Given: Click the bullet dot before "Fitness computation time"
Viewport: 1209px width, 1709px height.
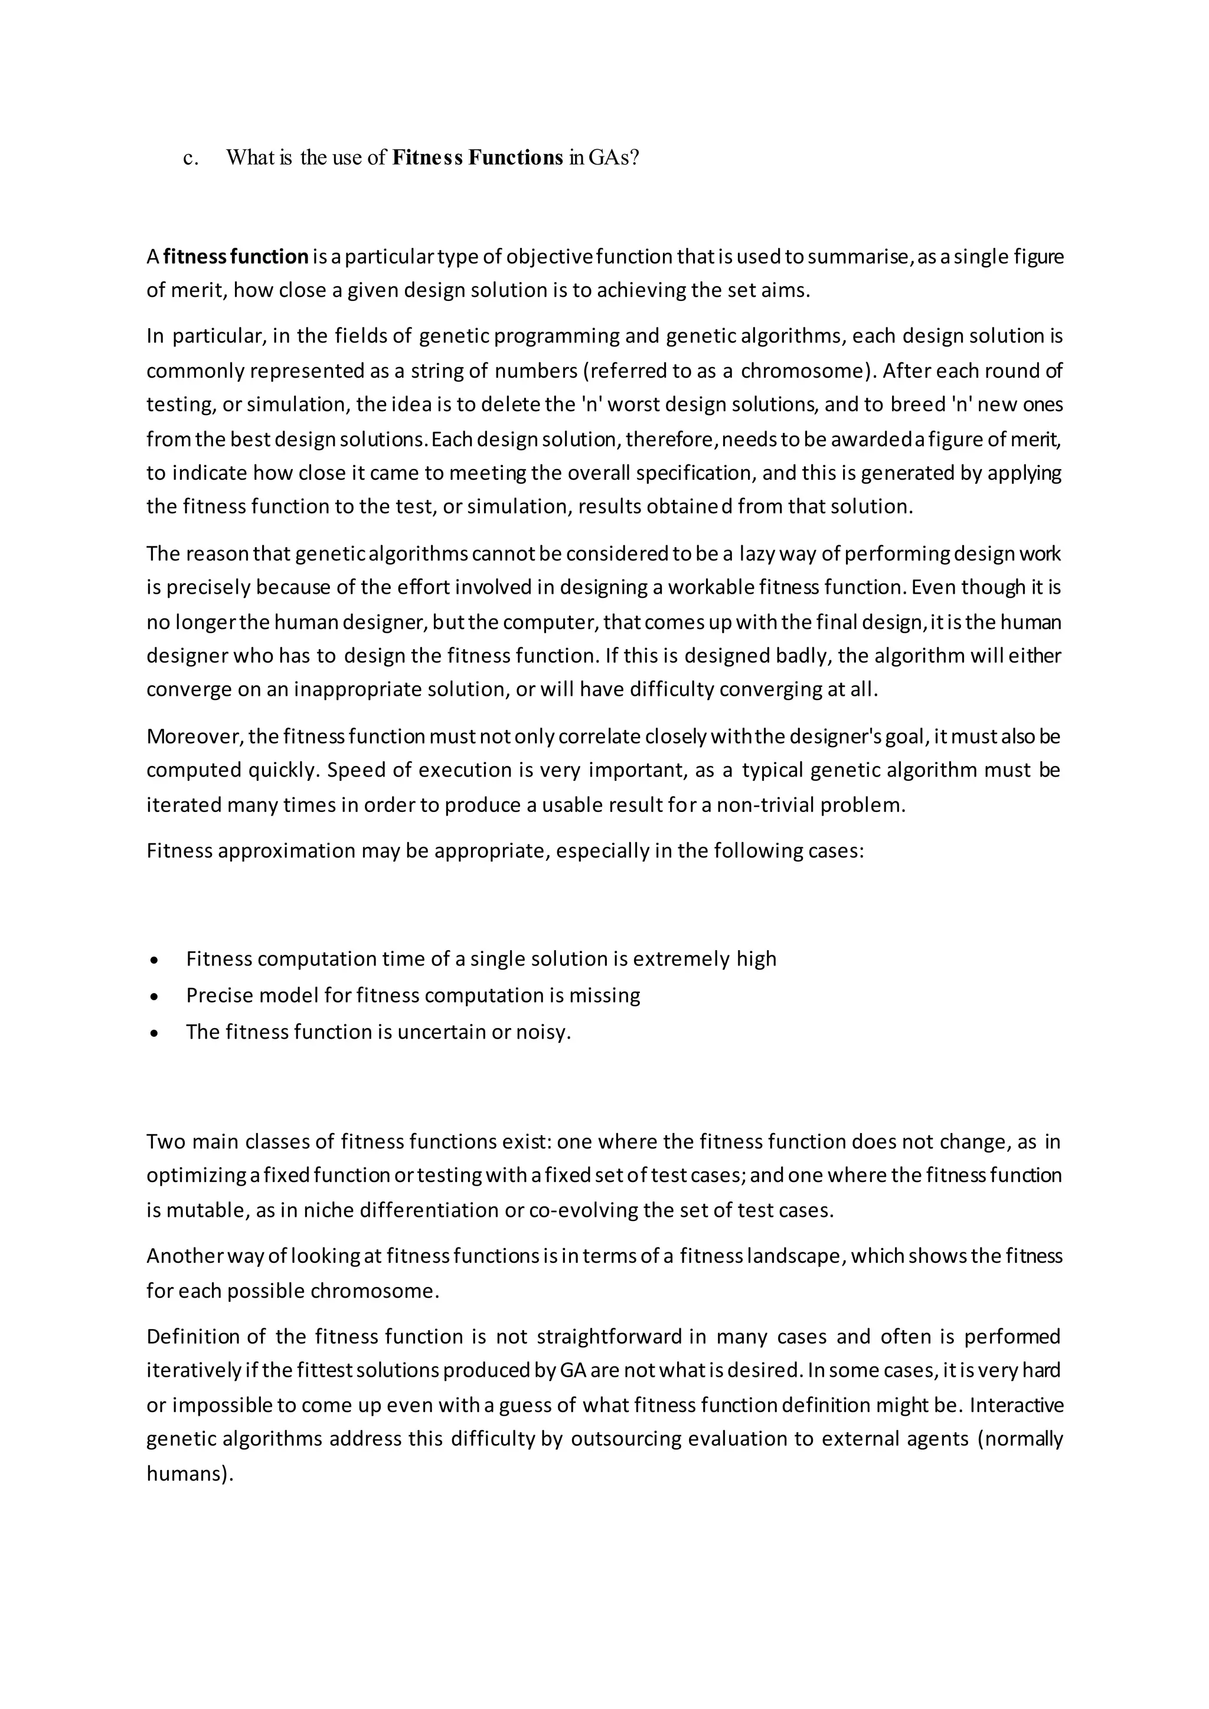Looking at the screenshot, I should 154,961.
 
